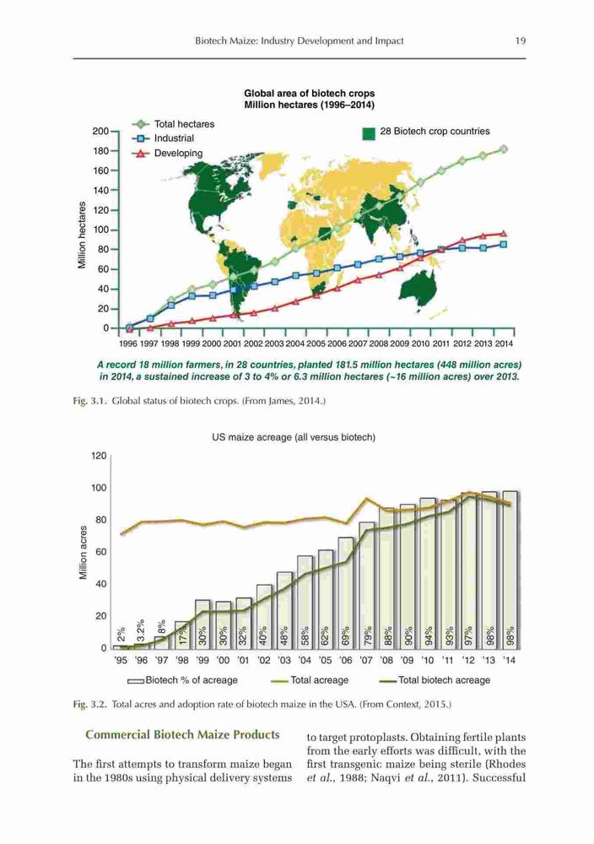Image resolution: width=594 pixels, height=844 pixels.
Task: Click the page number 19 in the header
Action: pos(520,41)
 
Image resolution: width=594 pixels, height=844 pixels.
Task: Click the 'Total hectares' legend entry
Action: pos(173,124)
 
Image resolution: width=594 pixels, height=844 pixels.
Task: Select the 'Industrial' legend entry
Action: pos(163,138)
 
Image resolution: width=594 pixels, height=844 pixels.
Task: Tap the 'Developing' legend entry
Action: pos(167,153)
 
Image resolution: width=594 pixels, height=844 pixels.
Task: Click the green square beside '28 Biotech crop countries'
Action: pos(369,133)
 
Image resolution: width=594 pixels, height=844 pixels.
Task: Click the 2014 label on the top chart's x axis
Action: pos(504,344)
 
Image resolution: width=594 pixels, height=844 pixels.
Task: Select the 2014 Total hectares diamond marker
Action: pos(504,149)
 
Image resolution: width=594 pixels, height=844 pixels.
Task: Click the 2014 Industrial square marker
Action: pos(504,244)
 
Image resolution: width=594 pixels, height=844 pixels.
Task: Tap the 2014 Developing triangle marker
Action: pos(504,233)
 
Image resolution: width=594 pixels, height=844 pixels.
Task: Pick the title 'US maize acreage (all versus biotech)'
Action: pos(294,437)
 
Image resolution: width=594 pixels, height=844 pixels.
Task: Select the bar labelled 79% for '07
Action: pos(367,585)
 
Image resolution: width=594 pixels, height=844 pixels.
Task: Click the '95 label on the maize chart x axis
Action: pos(121,660)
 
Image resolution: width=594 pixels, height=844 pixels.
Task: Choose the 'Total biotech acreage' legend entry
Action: pos(435,680)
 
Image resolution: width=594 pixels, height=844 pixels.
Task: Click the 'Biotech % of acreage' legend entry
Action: pos(182,680)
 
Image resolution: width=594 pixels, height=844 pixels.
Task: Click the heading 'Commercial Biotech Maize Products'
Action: pos(182,735)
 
